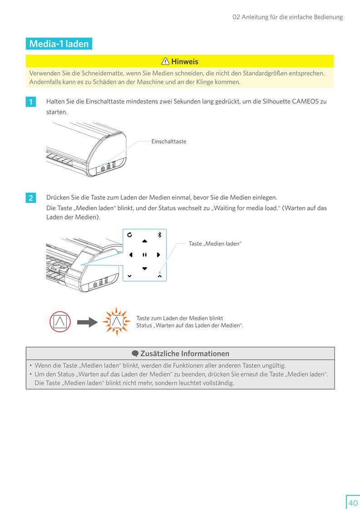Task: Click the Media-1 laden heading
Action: (59, 44)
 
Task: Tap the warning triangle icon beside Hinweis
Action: (165, 61)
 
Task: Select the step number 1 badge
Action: (31, 102)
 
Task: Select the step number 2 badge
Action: (31, 198)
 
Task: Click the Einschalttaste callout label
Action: (168, 142)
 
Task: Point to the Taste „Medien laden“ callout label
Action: (215, 244)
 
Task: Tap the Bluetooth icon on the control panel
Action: (159, 235)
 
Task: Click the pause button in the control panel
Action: (144, 255)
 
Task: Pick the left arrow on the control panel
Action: (131, 255)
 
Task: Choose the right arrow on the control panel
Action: (158, 255)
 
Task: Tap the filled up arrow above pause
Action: (144, 241)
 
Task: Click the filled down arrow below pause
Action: (144, 269)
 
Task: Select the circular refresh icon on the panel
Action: (130, 235)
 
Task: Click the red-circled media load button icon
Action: (60, 322)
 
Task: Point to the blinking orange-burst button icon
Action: (116, 321)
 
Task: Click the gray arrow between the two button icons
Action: (87, 322)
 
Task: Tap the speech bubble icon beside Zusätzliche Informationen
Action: (135, 353)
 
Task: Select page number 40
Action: (353, 503)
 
